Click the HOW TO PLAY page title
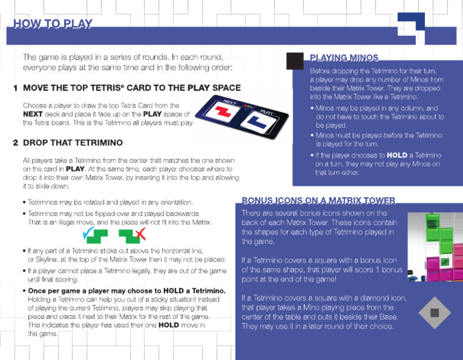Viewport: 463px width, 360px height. pyautogui.click(x=53, y=24)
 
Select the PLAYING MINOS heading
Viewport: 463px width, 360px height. pyautogui.click(x=344, y=58)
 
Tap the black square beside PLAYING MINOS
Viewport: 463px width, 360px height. pyautogui.click(x=295, y=62)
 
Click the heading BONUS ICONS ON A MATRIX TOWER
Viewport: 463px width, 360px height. pyautogui.click(x=318, y=200)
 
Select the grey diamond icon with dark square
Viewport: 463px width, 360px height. pyautogui.click(x=435, y=312)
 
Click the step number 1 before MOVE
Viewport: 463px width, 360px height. pyautogui.click(x=15, y=88)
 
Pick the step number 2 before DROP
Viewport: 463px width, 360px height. pyautogui.click(x=15, y=143)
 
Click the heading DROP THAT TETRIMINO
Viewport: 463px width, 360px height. pyautogui.click(x=72, y=143)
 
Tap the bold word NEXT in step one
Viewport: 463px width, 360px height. pyautogui.click(x=34, y=114)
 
